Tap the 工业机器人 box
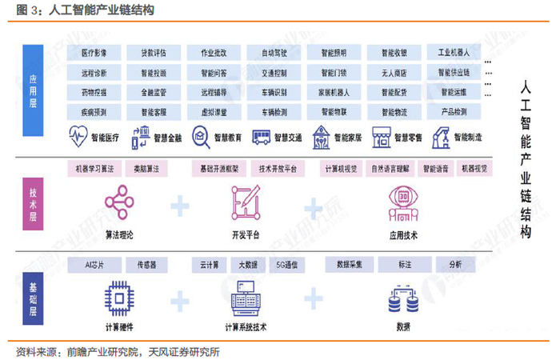coord(454,53)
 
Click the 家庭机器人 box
coord(334,92)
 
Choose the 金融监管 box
coord(154,92)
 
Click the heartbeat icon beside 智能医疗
coord(78,137)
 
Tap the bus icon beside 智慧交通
coord(258,137)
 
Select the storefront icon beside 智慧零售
coord(380,137)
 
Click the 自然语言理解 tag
coord(390,170)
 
